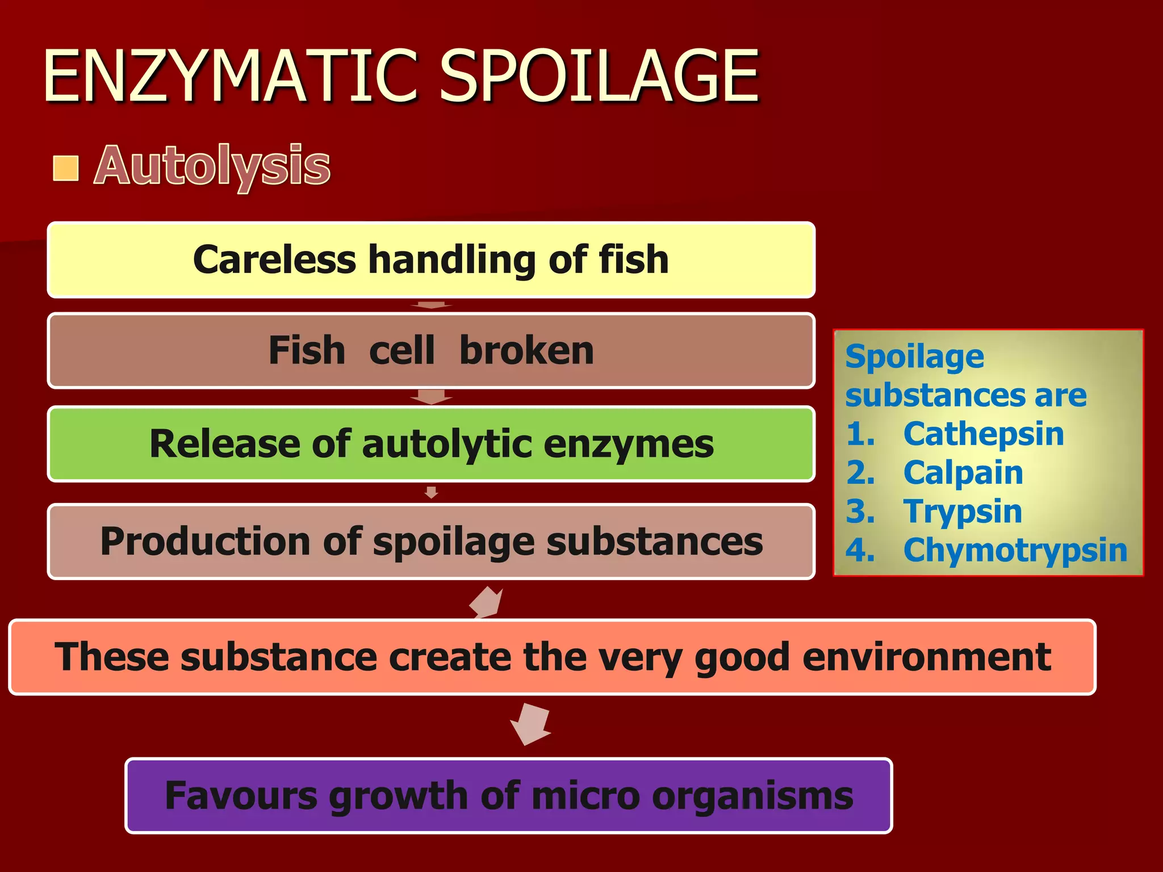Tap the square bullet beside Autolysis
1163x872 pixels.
tap(66, 168)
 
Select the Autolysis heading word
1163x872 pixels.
tap(212, 166)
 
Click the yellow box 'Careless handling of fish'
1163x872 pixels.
tap(431, 260)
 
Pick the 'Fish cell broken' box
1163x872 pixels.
tap(431, 350)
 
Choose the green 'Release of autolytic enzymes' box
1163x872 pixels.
tap(431, 444)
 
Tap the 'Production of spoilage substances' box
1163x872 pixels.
tap(431, 541)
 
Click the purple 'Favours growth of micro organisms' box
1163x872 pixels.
tap(508, 795)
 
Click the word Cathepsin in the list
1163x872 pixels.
tap(983, 434)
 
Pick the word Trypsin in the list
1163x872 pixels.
tap(963, 512)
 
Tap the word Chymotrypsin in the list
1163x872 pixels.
tap(1015, 550)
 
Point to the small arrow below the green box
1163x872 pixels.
tap(432, 492)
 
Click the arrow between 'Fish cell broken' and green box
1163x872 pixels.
tap(432, 397)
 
